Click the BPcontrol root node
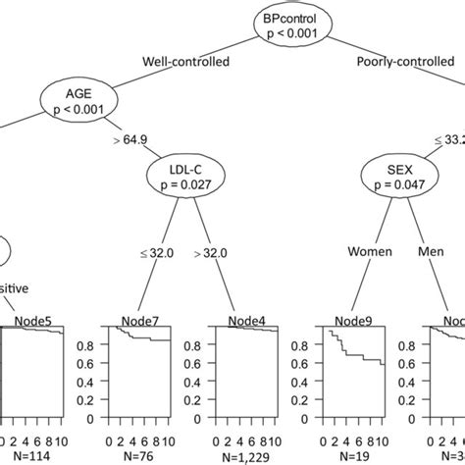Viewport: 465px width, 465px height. tap(285, 25)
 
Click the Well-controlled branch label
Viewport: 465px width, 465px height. tap(186, 62)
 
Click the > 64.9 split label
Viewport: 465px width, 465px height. tap(133, 140)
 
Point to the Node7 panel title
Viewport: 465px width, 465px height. tap(142, 321)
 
